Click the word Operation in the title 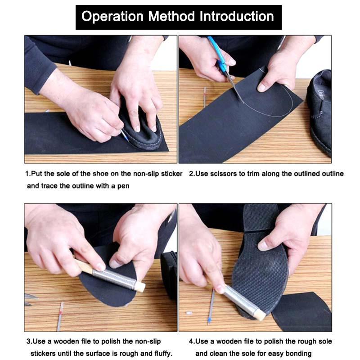click(x=112, y=17)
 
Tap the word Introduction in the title click(x=237, y=17)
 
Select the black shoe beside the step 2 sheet click(x=320, y=112)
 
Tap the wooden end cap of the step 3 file click(x=140, y=287)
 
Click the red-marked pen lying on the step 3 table click(x=60, y=316)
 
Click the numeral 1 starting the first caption click(x=27, y=174)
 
